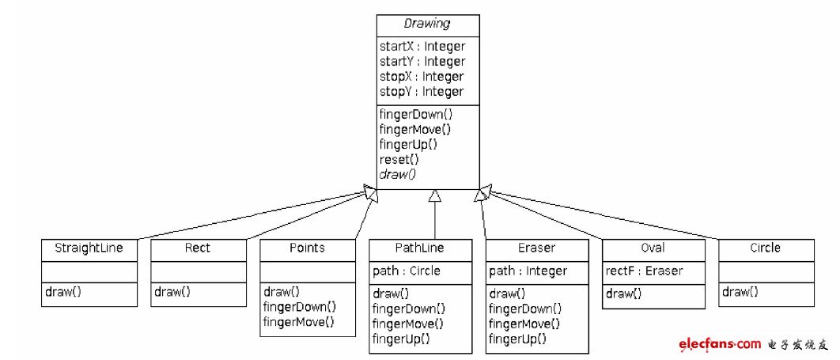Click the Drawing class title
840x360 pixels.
428,25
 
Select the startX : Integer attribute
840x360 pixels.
422,47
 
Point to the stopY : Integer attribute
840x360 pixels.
422,92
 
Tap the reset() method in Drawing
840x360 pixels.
399,160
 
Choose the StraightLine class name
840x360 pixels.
88,248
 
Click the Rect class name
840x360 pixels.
198,248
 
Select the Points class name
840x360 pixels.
308,248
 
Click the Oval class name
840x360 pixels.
653,248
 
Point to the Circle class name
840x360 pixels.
765,248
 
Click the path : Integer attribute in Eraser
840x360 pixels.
528,271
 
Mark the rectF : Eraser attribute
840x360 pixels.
644,271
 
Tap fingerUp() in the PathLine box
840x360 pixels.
401,339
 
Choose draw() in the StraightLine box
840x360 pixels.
62,292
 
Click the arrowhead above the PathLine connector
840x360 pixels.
433,195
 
